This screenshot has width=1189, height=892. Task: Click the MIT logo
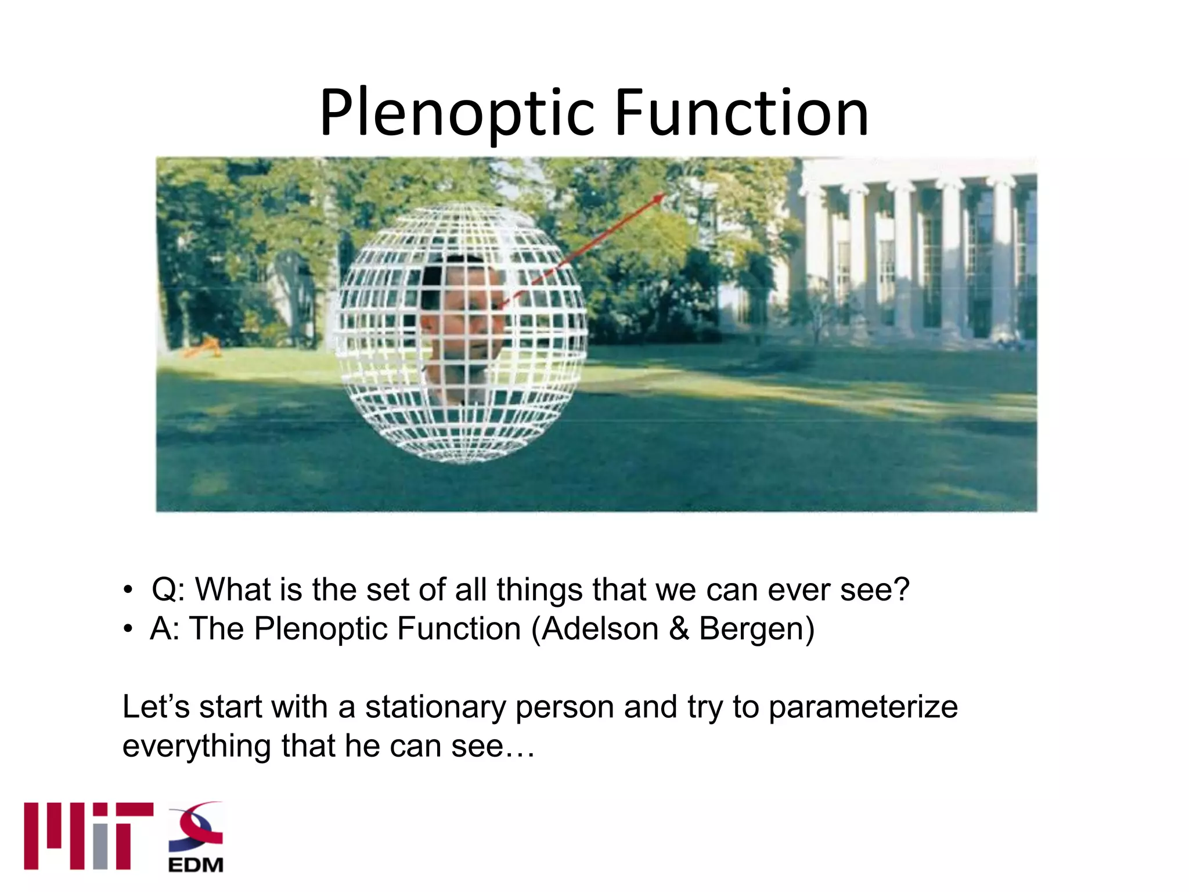(88, 836)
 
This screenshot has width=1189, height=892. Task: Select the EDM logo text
(196, 865)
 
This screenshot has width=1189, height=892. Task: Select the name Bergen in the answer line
(751, 629)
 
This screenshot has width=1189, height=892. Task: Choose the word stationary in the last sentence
(435, 707)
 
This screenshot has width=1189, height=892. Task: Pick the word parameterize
(863, 707)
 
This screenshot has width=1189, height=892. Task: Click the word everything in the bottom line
(196, 746)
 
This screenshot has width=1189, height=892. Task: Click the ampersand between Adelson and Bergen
(679, 629)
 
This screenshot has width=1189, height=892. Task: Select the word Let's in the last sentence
(156, 707)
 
